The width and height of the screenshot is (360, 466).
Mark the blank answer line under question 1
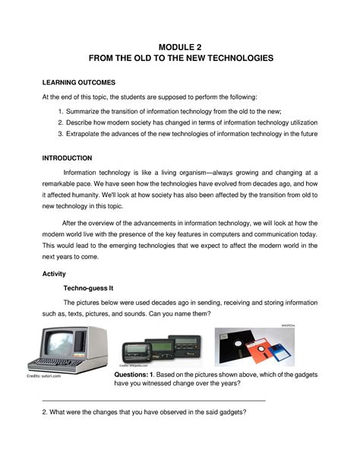152,400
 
